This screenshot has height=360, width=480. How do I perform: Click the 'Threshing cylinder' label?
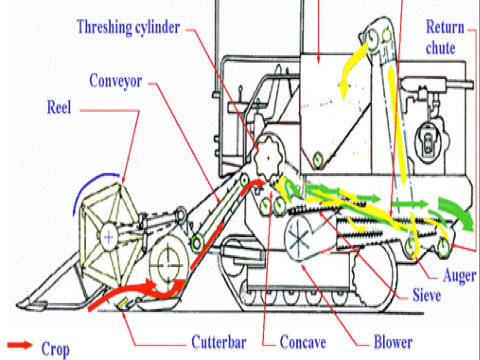(128, 27)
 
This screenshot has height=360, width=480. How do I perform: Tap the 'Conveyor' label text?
(115, 81)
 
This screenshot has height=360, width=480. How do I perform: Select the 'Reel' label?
(59, 107)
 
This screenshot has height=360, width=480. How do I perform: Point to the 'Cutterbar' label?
(218, 342)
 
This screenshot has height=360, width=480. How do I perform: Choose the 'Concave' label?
(302, 342)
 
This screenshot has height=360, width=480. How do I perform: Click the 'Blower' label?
(393, 342)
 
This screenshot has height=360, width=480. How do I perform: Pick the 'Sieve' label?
(427, 295)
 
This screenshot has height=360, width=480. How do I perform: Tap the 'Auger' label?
(459, 276)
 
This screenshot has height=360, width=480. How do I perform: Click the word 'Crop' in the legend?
(55, 349)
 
